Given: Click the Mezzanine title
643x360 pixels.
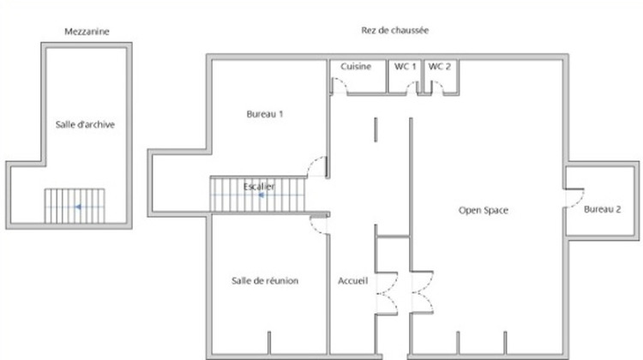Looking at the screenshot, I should (x=87, y=32).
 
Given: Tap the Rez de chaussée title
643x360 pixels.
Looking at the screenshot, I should (x=395, y=30).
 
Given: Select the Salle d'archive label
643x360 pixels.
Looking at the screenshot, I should (x=85, y=124).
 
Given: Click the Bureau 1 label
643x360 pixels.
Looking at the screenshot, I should (x=264, y=114).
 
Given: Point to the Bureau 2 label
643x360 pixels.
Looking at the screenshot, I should (x=603, y=210).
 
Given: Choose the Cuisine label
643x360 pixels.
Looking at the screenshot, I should (x=356, y=66).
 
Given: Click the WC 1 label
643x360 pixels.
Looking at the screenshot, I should (x=405, y=66).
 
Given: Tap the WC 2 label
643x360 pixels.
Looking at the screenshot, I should (x=439, y=66).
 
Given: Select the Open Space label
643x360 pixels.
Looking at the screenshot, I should (x=484, y=210).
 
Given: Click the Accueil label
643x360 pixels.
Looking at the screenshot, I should (x=352, y=280).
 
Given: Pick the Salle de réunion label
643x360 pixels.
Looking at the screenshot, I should (x=265, y=280).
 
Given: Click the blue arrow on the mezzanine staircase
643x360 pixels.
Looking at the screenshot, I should (x=77, y=207).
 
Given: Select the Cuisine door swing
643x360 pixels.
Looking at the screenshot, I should (x=340, y=85).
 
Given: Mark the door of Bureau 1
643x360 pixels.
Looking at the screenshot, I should (x=320, y=166).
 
